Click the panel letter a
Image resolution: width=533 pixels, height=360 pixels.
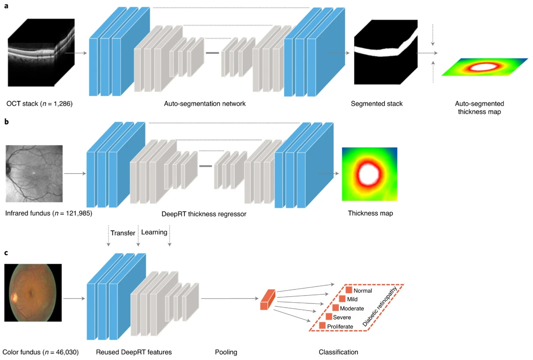pos(6,6)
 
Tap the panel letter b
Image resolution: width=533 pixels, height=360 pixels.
pos(6,121)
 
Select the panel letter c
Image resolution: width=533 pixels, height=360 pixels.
pos(6,253)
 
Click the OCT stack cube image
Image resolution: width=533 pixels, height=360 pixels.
pos(41,53)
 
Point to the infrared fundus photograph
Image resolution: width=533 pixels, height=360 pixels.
pos(34,174)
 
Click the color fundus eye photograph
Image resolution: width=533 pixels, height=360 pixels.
pos(33,293)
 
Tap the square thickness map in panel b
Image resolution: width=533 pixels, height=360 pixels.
pos(370,174)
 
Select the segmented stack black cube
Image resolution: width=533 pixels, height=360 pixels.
pos(386,52)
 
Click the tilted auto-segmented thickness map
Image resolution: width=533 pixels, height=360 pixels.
pos(485,67)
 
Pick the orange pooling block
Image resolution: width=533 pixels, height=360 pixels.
pos(268,299)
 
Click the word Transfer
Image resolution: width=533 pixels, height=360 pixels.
pos(123,233)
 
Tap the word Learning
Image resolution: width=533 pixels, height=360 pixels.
pos(154,232)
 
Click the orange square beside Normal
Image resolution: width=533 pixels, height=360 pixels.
pos(349,290)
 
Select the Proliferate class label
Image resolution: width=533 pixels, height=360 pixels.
pos(340,326)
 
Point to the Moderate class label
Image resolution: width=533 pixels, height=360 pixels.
pos(352,308)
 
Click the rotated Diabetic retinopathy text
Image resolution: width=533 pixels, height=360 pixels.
pos(380,306)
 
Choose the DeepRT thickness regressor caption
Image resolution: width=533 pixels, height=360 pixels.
pos(204,214)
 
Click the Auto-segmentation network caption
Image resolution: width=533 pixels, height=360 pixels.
pos(205,104)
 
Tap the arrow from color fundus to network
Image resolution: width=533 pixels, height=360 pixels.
pos(74,299)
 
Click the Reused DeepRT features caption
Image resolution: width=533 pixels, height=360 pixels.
pos(134,352)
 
